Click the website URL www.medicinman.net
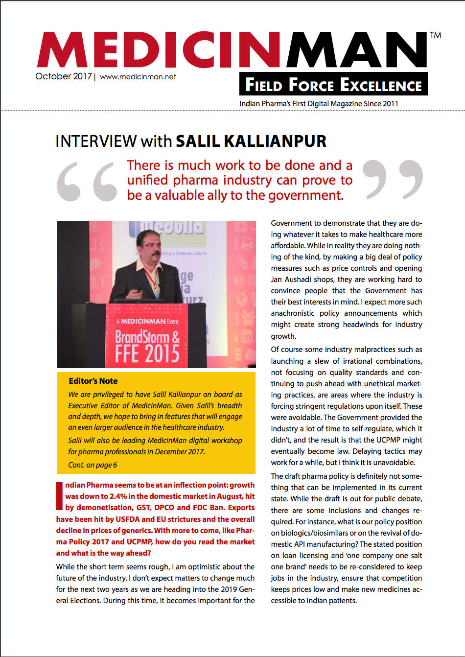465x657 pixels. pos(138,77)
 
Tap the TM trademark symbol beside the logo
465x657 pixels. pos(435,35)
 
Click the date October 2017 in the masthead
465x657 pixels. pos(64,76)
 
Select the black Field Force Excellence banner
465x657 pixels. pos(333,84)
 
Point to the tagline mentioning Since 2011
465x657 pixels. pos(319,104)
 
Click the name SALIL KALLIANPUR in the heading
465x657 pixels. pos(251,141)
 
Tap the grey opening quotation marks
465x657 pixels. pos(87,181)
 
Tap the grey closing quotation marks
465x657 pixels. pos(393,179)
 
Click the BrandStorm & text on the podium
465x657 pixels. pos(147,337)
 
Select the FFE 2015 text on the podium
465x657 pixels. pos(147,354)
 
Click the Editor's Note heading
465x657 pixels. pos(93,381)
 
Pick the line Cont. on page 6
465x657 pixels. pos(93,465)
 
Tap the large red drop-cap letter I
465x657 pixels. pos(59,496)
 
